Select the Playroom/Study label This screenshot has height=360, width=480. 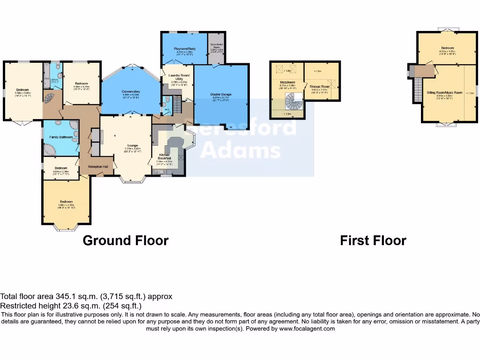184,49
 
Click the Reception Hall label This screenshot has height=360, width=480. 98,166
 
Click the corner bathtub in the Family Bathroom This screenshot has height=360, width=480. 50,149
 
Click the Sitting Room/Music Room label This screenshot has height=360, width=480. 444,93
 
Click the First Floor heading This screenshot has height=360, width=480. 373,240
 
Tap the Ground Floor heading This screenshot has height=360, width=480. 126,240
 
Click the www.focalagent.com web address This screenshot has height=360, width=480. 307,329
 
